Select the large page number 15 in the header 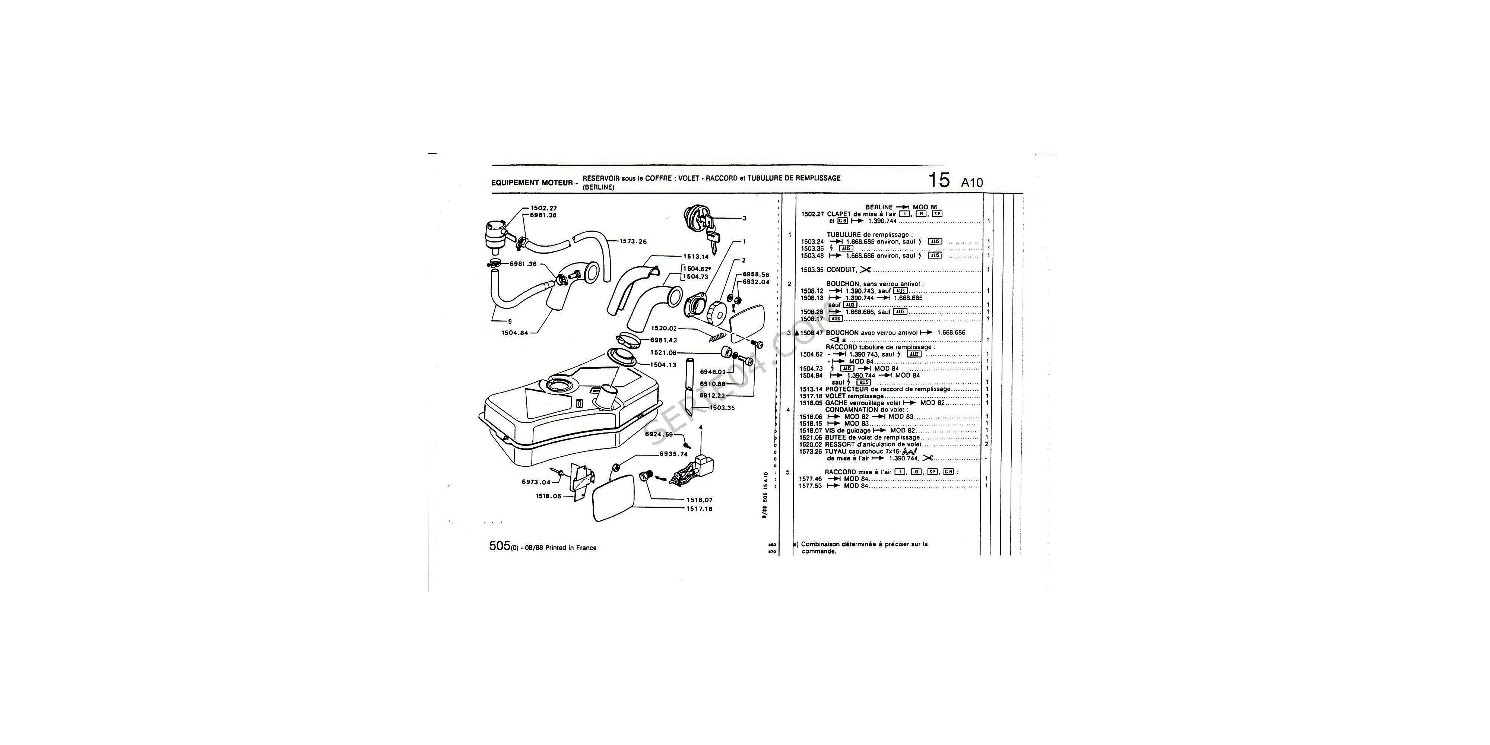point(939,180)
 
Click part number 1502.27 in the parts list point(812,214)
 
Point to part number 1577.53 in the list point(810,486)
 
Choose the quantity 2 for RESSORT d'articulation point(987,444)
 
